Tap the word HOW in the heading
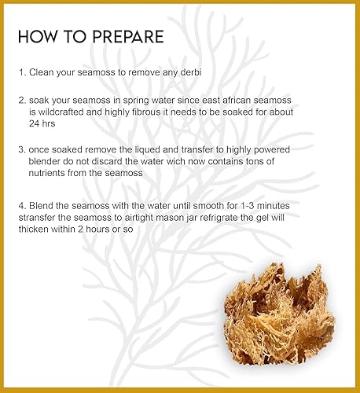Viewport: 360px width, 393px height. pyautogui.click(x=35, y=37)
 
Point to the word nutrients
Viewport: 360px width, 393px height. pyautogui.click(x=50, y=169)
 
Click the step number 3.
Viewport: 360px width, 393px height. pyautogui.click(x=21, y=148)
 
